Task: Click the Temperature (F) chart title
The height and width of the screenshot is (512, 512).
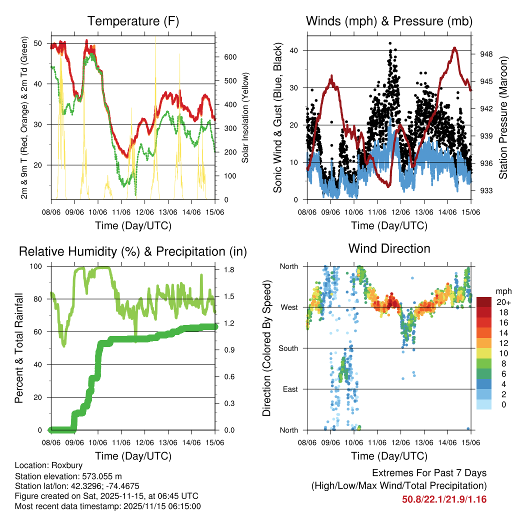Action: [133, 21]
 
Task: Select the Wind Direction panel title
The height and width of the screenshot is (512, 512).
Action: [389, 248]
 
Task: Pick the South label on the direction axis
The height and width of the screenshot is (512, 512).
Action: [288, 348]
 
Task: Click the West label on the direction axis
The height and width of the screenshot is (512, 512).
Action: [290, 307]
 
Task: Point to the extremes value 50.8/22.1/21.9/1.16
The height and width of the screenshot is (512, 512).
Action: [444, 499]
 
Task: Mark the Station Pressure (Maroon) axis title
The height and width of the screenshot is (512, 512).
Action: [503, 117]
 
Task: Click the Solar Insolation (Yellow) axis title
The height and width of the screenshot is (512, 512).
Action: [245, 117]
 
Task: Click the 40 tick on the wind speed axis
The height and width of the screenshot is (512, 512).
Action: [295, 50]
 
